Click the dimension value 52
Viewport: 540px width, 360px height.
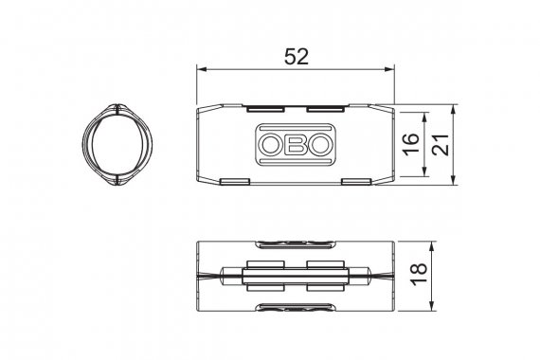(x=297, y=57)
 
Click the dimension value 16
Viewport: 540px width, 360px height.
(x=411, y=144)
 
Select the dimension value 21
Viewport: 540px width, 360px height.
(x=441, y=144)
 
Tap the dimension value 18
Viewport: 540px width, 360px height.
(x=419, y=275)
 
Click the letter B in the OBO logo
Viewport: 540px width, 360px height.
(x=296, y=144)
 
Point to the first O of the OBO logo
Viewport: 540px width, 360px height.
(x=270, y=144)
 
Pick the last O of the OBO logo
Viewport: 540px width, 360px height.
(x=319, y=144)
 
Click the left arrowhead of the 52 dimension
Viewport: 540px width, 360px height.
(x=201, y=69)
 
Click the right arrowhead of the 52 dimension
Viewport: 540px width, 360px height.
(x=389, y=69)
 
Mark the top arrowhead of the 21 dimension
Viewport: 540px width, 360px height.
(x=453, y=109)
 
